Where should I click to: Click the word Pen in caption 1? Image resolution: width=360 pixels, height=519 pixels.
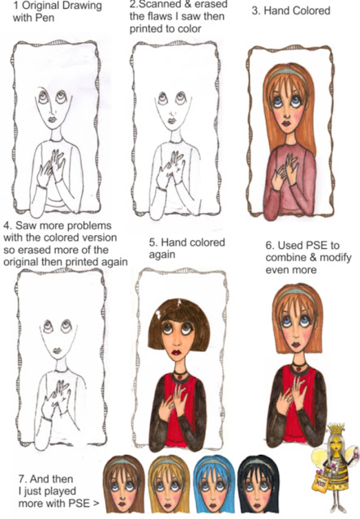46,18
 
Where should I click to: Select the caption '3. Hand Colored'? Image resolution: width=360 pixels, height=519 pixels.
291,11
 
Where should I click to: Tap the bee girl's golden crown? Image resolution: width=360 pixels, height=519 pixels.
336,429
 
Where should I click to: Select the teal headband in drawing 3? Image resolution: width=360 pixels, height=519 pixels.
286,74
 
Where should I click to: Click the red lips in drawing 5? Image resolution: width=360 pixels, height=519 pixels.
176,352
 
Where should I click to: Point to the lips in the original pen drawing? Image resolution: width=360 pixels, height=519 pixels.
52,119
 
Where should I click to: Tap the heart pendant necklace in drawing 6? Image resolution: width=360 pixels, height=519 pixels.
299,367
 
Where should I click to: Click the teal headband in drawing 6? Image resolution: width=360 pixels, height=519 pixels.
296,294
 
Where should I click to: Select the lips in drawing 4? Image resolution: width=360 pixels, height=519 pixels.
57,350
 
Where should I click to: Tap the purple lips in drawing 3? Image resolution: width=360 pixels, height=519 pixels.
286,123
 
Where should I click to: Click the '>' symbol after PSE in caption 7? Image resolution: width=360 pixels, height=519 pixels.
96,504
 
